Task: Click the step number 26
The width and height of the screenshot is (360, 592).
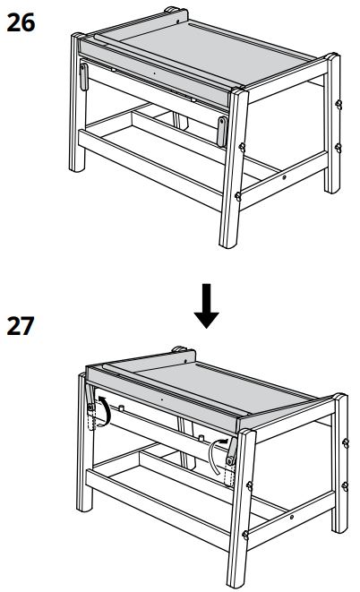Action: (21, 22)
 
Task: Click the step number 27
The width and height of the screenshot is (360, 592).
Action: (21, 326)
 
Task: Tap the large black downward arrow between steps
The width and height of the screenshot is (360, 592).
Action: (206, 305)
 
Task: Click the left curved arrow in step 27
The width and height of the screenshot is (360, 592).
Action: (106, 411)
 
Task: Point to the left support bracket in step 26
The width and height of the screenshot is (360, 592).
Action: (83, 77)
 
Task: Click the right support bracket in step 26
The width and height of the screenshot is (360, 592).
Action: (222, 131)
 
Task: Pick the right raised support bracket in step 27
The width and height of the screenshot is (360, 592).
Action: (231, 450)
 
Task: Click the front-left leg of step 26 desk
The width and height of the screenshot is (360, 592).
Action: (77, 102)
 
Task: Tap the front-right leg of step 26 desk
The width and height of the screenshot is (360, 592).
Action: (233, 166)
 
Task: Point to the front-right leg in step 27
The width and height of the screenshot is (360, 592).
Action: (241, 508)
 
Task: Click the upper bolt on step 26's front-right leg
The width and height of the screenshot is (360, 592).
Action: (242, 147)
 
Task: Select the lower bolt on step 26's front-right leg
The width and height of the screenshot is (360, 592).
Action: (238, 196)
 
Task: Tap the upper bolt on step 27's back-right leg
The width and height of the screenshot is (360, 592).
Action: (346, 442)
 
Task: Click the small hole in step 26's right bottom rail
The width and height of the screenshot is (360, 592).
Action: (284, 177)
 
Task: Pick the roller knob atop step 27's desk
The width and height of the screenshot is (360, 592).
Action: (178, 349)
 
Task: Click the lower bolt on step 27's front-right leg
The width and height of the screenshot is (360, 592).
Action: (245, 535)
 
